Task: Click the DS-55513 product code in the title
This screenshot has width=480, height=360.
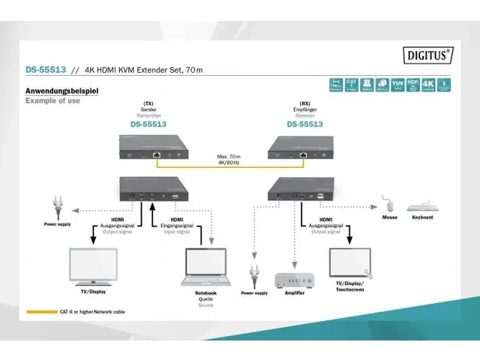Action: pos(46,70)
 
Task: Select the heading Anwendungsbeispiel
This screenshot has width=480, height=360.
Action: pos(62,91)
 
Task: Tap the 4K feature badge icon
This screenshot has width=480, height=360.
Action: pos(427,85)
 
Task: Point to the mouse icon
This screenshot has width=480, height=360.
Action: pos(388,203)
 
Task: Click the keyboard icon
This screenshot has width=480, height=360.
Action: pos(422,206)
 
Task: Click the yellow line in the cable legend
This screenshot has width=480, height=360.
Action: pos(41,312)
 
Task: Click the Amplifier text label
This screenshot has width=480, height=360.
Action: pos(295,293)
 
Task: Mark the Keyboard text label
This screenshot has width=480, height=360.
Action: pos(422,218)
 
